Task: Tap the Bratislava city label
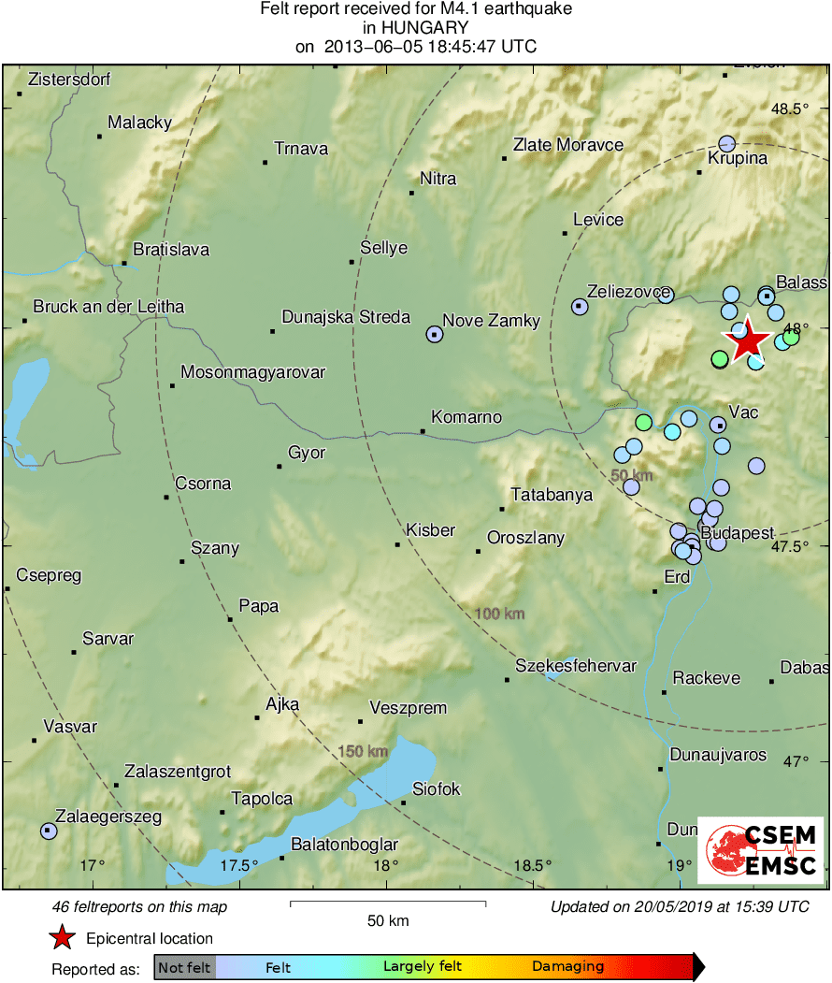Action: click(171, 250)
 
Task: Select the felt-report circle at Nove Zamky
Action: click(435, 334)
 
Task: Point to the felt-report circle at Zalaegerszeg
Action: click(49, 831)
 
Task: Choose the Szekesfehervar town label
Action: click(576, 666)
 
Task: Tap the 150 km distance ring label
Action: click(363, 751)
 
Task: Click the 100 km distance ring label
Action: click(499, 614)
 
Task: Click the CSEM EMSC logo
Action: click(761, 849)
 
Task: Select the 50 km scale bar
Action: click(388, 903)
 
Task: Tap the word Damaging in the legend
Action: click(568, 966)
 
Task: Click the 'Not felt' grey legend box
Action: click(184, 967)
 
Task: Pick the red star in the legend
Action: click(62, 937)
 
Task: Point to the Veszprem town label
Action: click(408, 708)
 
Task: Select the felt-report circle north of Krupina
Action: click(727, 143)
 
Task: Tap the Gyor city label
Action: click(307, 453)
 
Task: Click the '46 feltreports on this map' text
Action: click(139, 906)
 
